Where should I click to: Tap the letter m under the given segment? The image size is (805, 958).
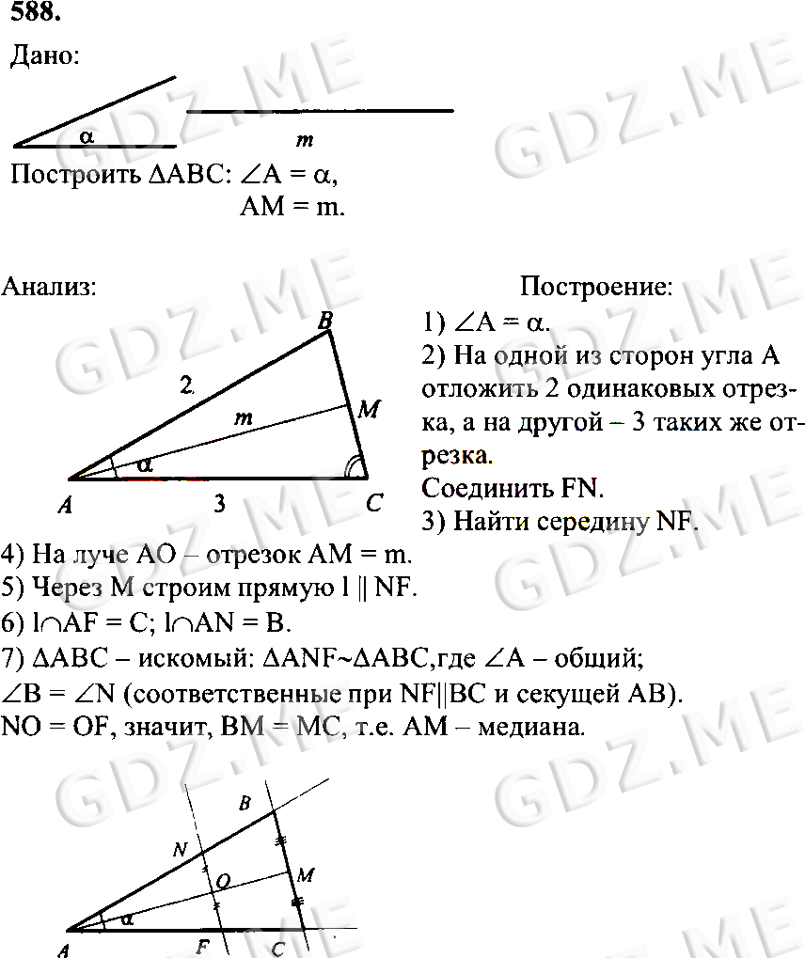(x=304, y=140)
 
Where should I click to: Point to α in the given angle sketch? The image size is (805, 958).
(x=87, y=136)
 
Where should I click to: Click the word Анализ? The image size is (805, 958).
(x=49, y=286)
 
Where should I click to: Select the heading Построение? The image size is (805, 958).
(x=596, y=286)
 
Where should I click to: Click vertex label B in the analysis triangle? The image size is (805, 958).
(x=325, y=323)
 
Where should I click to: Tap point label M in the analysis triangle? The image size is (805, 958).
(x=369, y=409)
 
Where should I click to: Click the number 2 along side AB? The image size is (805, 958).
(x=188, y=384)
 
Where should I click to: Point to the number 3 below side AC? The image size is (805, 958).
(x=218, y=504)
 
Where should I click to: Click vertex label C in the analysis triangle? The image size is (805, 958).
(x=373, y=505)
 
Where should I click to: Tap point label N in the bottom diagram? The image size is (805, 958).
(x=180, y=849)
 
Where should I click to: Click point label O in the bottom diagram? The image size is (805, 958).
(x=223, y=881)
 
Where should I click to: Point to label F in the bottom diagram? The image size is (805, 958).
(x=201, y=947)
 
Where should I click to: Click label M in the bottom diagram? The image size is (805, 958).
(x=305, y=875)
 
